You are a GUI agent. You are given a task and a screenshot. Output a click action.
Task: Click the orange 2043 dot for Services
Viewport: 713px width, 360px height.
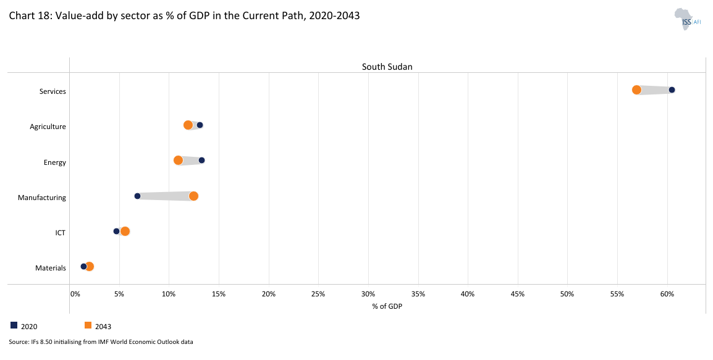pos(636,90)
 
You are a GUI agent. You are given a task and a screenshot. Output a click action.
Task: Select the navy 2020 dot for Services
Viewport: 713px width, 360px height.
pos(672,90)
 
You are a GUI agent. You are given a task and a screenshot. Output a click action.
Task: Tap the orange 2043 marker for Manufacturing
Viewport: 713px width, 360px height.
pos(193,196)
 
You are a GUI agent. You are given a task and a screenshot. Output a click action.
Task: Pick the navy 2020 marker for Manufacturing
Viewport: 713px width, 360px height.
pos(137,196)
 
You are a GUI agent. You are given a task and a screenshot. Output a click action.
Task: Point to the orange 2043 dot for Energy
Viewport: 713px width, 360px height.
pos(179,161)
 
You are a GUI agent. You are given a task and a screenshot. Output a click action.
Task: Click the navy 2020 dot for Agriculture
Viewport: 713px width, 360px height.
pos(200,125)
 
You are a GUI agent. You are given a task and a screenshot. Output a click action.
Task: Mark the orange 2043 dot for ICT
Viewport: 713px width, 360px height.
pos(125,232)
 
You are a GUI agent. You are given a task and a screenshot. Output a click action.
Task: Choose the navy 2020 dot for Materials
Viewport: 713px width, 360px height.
pos(83,267)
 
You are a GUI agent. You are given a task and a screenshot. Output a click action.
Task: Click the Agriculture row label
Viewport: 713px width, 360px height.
pos(48,127)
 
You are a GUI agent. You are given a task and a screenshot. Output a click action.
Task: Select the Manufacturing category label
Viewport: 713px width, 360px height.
pos(42,198)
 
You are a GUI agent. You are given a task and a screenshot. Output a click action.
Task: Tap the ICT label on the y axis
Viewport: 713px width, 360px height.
pos(60,233)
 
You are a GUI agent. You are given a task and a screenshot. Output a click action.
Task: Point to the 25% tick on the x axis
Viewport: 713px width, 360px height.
pos(318,294)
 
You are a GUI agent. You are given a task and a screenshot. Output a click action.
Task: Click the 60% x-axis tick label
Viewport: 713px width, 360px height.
pos(667,294)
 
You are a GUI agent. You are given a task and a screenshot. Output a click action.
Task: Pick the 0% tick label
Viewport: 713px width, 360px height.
pos(75,294)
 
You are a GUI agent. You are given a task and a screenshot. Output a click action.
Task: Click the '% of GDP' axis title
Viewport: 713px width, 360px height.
pos(387,306)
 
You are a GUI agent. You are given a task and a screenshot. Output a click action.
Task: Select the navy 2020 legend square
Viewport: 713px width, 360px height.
pos(14,325)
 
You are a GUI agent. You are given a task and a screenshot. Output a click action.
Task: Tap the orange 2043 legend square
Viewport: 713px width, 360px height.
pos(88,325)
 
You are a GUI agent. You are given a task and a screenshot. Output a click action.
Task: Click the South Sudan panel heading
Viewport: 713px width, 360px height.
pos(387,67)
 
